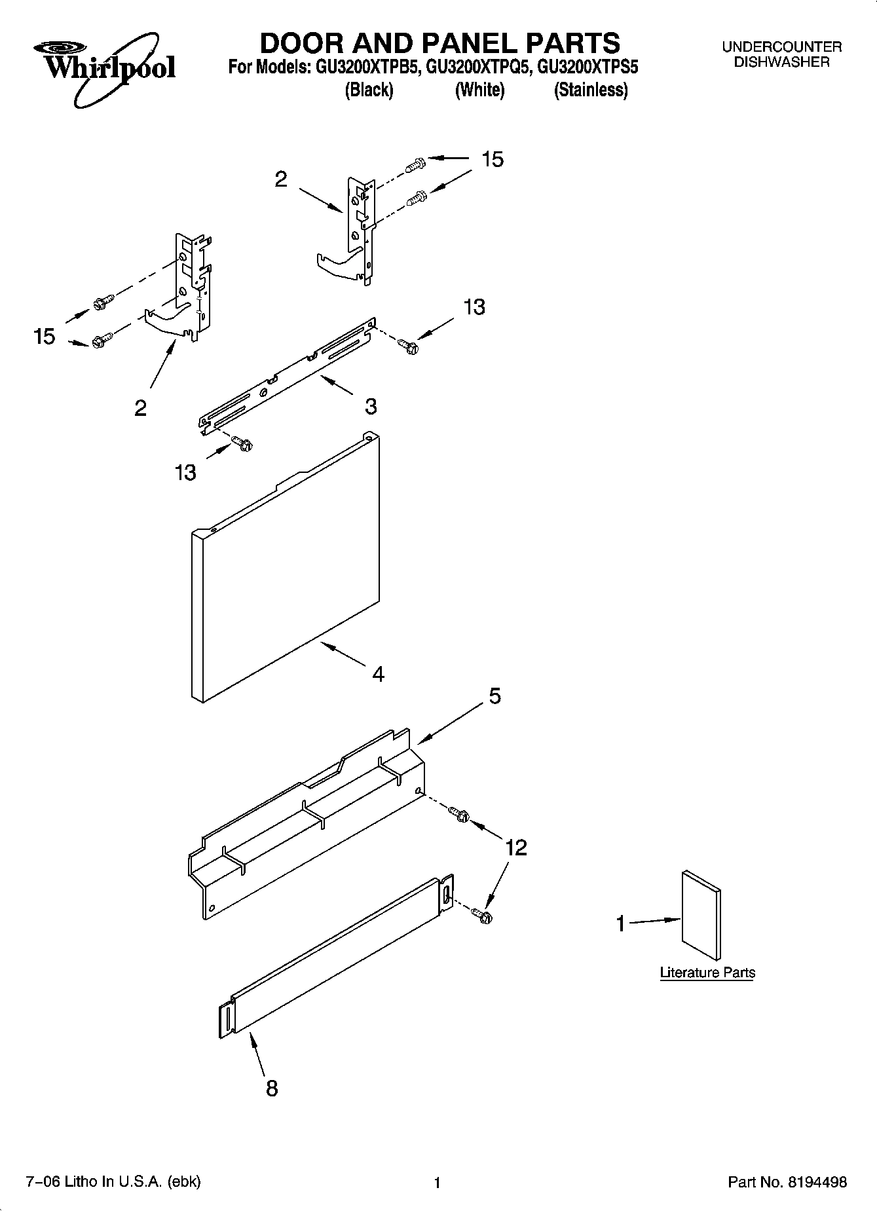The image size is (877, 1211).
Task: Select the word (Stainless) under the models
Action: pos(591,90)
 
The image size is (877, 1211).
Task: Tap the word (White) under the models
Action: pos(479,90)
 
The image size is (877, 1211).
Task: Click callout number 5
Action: pos(494,696)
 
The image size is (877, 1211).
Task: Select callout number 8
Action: pos(271,1088)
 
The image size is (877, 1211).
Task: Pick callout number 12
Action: pos(515,848)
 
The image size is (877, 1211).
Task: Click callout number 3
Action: pos(371,406)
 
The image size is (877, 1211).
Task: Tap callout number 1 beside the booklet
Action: pos(620,924)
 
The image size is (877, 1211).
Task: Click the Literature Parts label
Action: pos(707,973)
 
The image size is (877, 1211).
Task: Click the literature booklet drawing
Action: pos(701,916)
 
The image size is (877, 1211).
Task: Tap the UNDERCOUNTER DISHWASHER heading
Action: pos(781,54)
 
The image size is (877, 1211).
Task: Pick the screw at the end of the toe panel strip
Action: pos(485,916)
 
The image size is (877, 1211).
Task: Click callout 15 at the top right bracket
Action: pos(493,159)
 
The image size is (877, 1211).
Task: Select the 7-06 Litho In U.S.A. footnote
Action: pos(113,1182)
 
